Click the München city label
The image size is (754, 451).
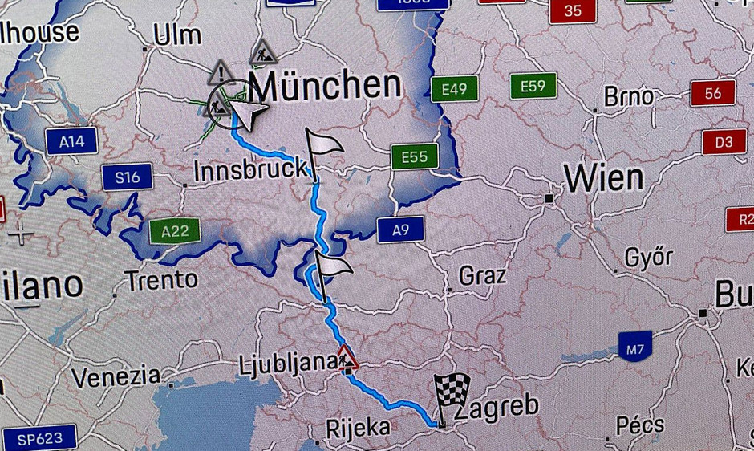pos(324,85)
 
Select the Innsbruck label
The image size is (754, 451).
pos(249,169)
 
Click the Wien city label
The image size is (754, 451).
pos(603,177)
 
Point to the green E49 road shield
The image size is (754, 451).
pos(454,89)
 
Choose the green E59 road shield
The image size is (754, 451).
pos(533,87)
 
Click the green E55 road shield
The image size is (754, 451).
pos(414,157)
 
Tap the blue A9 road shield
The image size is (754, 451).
pos(401,230)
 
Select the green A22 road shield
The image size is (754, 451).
pos(175,233)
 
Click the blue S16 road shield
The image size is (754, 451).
pos(127,177)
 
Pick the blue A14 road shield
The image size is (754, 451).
pos(71,143)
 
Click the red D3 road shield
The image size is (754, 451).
pos(724,143)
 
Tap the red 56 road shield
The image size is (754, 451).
pos(712,93)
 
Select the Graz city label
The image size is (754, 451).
pos(482,277)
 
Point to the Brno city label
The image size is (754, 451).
pos(629,97)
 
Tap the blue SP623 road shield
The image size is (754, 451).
pos(39,439)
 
